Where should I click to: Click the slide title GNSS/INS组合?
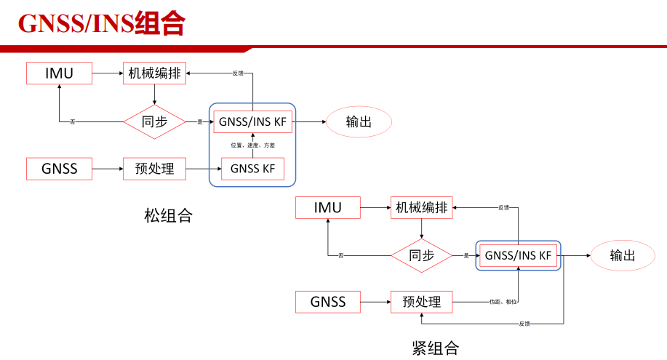[101, 23]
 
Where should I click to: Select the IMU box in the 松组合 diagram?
[60, 73]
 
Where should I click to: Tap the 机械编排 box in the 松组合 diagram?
[155, 73]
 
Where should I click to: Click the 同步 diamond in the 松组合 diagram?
[155, 121]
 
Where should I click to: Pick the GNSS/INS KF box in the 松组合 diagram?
[253, 121]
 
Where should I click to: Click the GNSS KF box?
[253, 169]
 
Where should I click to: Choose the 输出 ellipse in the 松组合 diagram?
[359, 121]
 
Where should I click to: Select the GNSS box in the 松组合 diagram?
[60, 169]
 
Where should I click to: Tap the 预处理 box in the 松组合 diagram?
[155, 169]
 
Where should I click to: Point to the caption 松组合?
[168, 215]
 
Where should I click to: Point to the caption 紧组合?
[436, 348]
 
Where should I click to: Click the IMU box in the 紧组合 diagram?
[328, 207]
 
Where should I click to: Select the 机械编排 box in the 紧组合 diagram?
[422, 207]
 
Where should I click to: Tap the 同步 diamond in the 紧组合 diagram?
[422, 256]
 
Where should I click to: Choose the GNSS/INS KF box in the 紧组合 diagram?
[519, 256]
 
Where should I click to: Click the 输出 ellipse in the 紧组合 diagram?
[623, 256]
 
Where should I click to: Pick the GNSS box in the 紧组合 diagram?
[328, 301]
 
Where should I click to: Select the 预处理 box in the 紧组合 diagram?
[422, 301]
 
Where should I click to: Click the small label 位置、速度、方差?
[252, 145]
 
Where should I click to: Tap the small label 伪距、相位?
[503, 301]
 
